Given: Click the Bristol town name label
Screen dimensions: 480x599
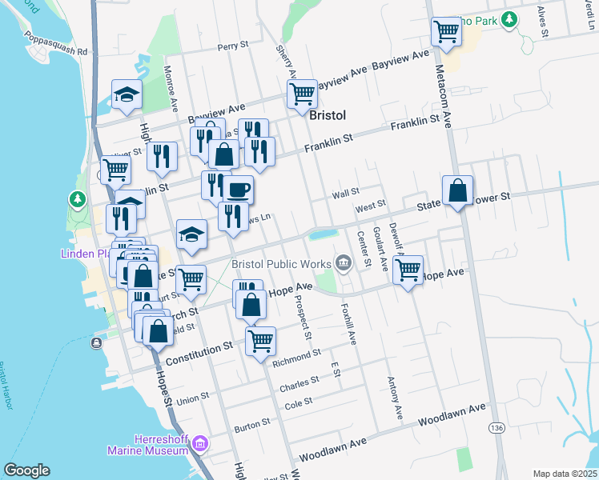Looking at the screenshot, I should [328, 115].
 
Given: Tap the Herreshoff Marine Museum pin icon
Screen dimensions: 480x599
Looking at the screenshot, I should [200, 442].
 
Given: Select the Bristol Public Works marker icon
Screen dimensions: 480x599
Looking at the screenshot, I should [344, 262].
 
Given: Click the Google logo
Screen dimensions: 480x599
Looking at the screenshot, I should [26, 470].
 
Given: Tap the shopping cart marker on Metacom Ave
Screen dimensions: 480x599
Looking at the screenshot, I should [446, 32].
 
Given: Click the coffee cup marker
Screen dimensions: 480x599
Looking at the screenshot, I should [238, 190].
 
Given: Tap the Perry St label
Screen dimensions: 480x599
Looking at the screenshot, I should [233, 46].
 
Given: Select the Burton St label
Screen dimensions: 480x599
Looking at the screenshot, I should [252, 426].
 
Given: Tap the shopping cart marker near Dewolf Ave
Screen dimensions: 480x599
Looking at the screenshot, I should [408, 270].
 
